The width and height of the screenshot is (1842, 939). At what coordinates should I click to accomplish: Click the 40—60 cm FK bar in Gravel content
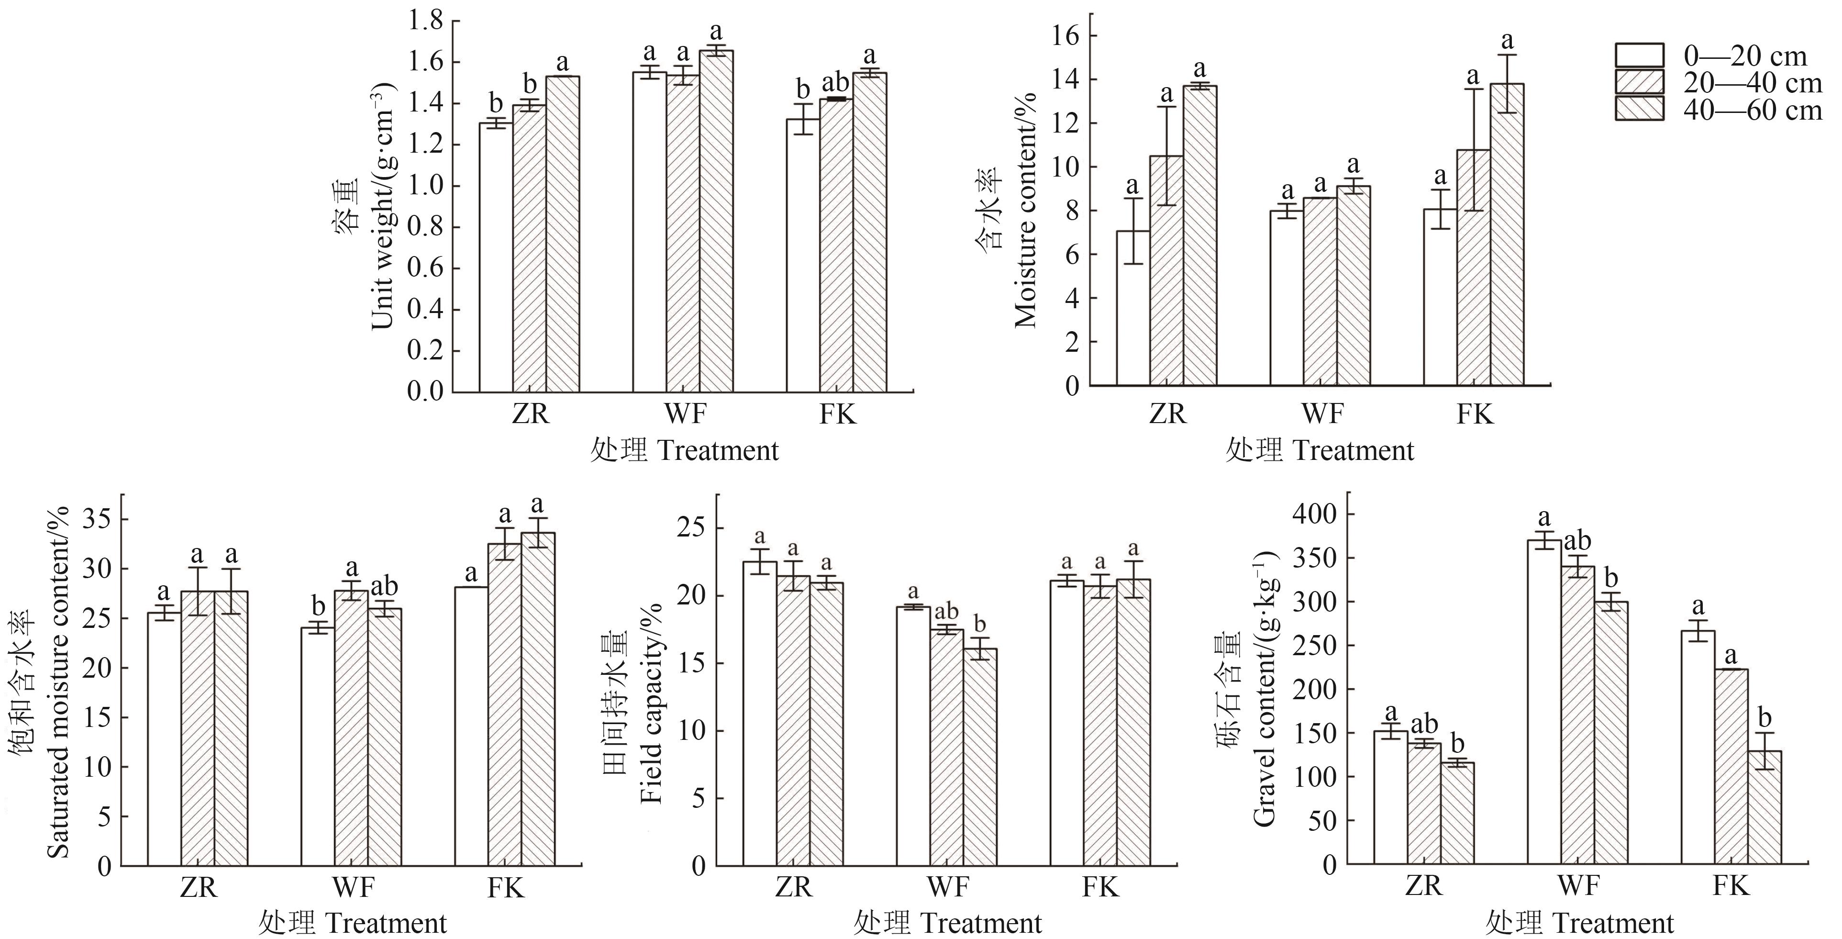click(x=1764, y=808)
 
